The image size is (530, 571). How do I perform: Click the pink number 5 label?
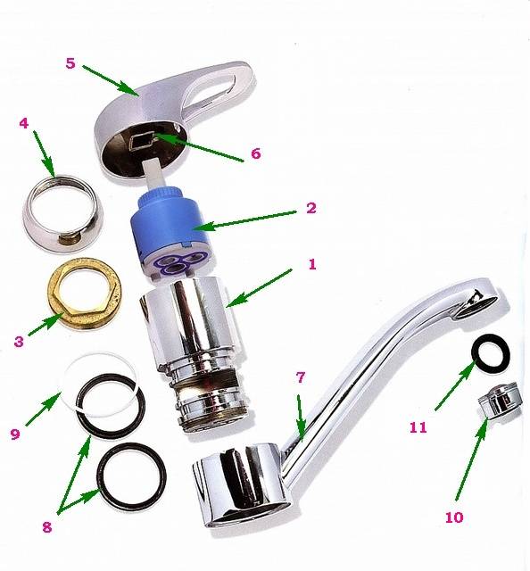pos(70,63)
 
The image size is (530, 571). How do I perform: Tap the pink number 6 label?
pos(256,153)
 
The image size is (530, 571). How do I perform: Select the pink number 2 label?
pos(311,208)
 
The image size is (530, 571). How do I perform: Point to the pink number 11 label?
pos(418,427)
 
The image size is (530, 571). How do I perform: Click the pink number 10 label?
pos(454,517)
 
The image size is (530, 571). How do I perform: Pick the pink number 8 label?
pos(47,527)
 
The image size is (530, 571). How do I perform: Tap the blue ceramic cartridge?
pos(171,234)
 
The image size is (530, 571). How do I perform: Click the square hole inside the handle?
pos(141,141)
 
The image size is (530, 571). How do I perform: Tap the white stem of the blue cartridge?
pos(155,174)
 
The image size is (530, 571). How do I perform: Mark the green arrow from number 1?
pos(260,287)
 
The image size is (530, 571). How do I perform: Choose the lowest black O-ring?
pos(132,474)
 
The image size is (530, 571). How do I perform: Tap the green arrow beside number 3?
pos(46,325)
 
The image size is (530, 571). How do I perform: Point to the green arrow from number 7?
pos(301,418)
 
